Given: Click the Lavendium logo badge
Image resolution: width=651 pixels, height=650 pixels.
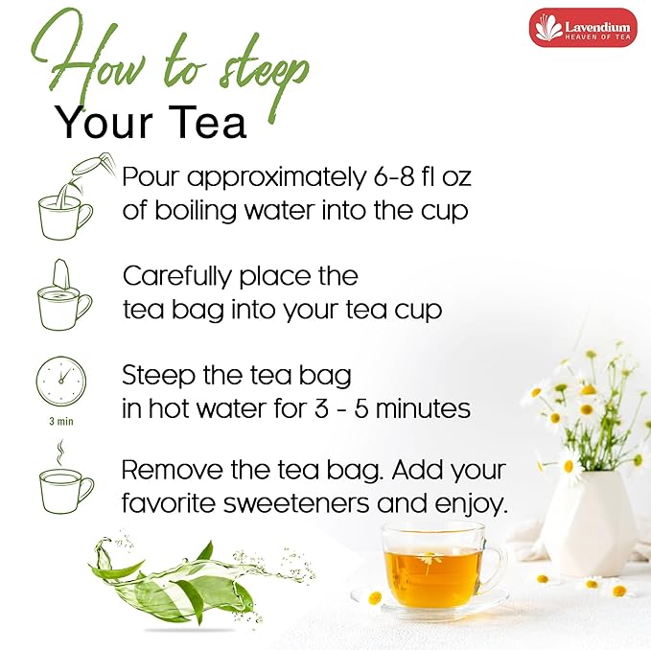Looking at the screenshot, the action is tap(583, 28).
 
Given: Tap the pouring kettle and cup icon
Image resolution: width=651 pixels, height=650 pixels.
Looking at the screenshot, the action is tap(74, 197).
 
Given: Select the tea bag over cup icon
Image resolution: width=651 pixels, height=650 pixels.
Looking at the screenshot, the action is tap(64, 294).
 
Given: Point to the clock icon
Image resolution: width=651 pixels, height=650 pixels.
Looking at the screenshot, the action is tap(61, 381).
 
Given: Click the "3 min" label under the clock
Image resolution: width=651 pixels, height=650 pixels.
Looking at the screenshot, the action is tap(61, 421).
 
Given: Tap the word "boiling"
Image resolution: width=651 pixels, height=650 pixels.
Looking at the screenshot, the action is tap(196, 211).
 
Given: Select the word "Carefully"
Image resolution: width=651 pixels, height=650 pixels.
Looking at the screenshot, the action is tap(176, 276).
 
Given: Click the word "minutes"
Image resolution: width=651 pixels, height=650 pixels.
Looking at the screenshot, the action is tap(423, 408).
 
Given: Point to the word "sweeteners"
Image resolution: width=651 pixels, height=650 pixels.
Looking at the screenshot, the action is tap(296, 503).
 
